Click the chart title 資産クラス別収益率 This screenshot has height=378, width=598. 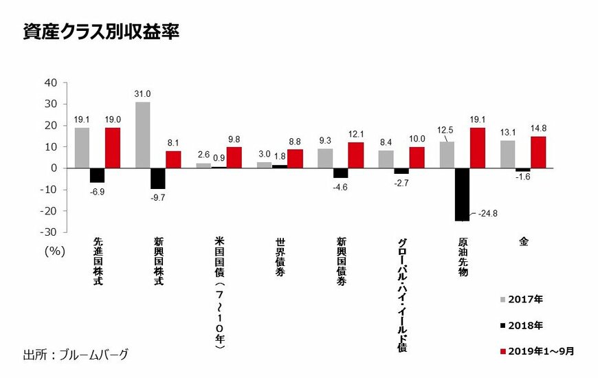click(101, 32)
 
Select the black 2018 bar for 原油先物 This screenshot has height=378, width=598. click(462, 194)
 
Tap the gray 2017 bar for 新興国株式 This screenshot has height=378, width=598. click(143, 135)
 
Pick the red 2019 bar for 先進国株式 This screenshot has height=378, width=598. click(113, 148)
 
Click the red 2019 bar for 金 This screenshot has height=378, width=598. click(538, 152)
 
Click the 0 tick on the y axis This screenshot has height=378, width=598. click(56, 168)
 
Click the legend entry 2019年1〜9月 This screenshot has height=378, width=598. click(536, 351)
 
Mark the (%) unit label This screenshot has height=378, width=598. click(54, 251)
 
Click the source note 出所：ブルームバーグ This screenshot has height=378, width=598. click(76, 355)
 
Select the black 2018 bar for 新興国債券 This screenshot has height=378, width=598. click(340, 173)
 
